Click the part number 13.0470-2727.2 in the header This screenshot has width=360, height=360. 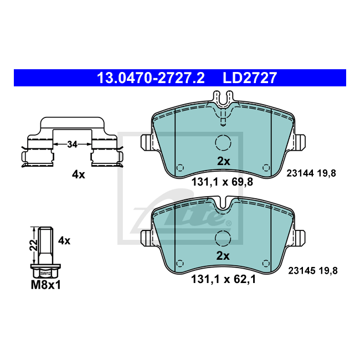tap(151, 78)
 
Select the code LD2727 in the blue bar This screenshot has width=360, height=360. tap(250, 78)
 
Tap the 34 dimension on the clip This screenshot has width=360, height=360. tap(73, 145)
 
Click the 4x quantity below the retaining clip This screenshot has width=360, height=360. tap(78, 174)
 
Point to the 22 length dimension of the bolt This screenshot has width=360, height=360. tap(34, 245)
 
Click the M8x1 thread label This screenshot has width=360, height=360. tap(45, 285)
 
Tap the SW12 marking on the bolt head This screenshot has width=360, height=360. tap(45, 274)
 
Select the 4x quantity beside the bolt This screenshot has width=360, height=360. tap(64, 241)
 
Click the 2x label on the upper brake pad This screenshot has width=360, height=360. tap(223, 161)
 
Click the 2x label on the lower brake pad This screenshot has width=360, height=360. tap(223, 256)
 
